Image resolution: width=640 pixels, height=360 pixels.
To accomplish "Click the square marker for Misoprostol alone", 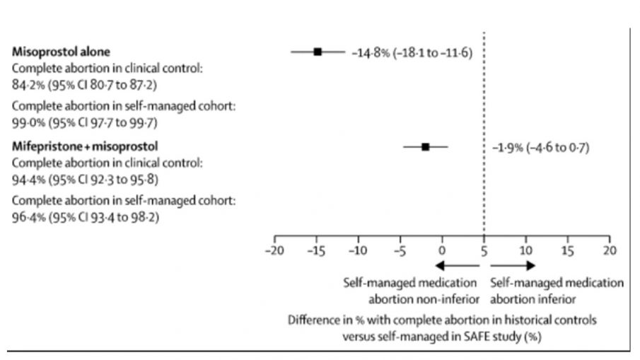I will pyautogui.click(x=318, y=52).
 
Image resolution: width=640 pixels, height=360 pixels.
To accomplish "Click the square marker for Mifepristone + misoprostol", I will pyautogui.click(x=425, y=147).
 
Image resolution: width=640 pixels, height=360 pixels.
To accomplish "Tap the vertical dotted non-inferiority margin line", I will pyautogui.click(x=484, y=106).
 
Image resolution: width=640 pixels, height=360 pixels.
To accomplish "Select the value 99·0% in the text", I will pyautogui.click(x=28, y=122).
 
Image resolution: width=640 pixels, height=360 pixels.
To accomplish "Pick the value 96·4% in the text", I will pyautogui.click(x=28, y=217).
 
